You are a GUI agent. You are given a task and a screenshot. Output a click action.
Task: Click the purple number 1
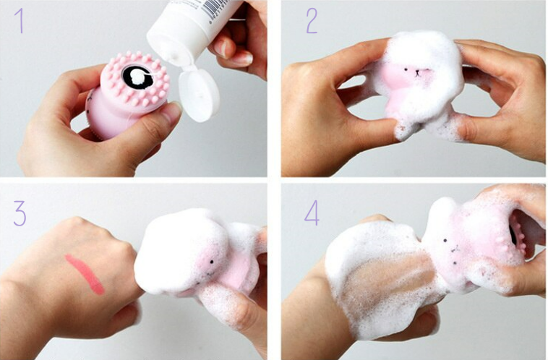point(20,21)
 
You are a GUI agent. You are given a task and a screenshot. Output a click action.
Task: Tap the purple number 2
point(312,21)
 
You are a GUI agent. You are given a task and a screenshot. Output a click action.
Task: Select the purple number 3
point(20,213)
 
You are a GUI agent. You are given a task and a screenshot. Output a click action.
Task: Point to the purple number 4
point(312,213)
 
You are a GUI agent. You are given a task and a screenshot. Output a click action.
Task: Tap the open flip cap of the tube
point(199,95)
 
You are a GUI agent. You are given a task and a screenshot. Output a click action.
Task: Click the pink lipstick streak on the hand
point(85,274)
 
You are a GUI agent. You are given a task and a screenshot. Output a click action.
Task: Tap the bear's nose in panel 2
point(417,73)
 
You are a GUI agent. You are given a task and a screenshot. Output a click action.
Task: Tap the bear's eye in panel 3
point(212,262)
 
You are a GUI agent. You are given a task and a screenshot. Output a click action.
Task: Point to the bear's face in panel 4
point(452,251)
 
